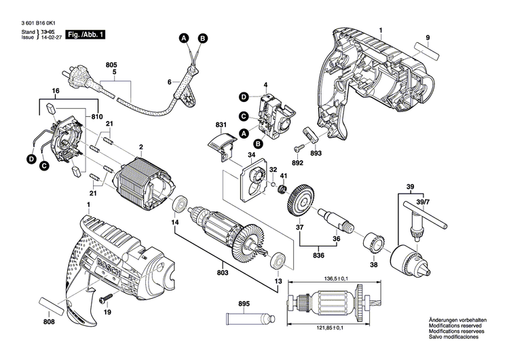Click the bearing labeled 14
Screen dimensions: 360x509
[x=181, y=204]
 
